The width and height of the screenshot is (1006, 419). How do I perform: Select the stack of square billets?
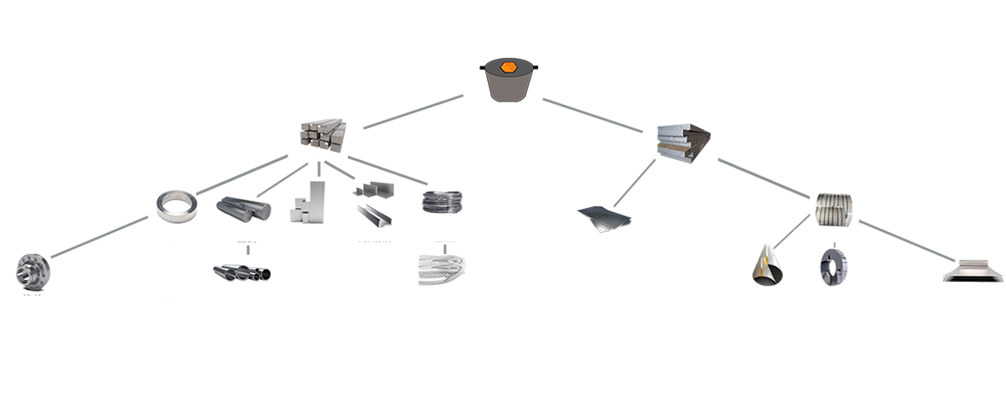(323, 136)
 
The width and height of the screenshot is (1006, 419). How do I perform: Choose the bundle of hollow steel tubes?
(242, 269)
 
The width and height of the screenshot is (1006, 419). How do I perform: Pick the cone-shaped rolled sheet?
(769, 267)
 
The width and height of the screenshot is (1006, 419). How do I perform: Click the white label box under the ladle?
(509, 119)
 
